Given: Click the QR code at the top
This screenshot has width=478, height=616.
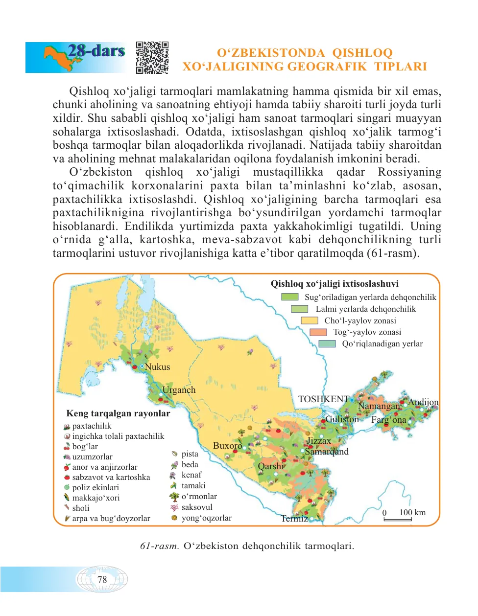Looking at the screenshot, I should click(152, 58).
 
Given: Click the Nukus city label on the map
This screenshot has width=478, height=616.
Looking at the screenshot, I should click(157, 367).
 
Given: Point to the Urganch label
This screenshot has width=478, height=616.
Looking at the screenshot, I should click(179, 390).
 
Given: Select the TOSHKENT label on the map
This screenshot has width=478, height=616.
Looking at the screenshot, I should click(323, 399).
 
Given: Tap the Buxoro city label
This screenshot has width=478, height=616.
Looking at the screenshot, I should click(227, 446).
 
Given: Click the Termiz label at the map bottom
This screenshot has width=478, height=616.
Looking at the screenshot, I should click(294, 519).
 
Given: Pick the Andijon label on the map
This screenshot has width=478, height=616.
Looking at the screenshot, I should click(423, 402).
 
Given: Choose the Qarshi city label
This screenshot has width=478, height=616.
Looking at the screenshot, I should click(271, 466).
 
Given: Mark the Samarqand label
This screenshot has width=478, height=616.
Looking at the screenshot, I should click(327, 451).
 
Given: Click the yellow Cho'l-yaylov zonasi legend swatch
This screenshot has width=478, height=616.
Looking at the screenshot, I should click(310, 320).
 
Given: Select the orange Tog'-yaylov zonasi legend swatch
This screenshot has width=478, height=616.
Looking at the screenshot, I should click(318, 332).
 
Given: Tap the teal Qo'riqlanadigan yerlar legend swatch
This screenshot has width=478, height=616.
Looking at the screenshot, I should click(327, 344).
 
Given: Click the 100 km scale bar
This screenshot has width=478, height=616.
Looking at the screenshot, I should click(397, 519).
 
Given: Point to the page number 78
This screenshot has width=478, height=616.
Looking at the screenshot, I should click(102, 580).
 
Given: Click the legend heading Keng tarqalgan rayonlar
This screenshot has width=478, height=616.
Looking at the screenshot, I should click(118, 413).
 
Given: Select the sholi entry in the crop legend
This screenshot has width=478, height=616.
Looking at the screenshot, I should click(81, 508).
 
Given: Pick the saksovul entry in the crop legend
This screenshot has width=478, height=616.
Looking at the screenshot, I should click(197, 507).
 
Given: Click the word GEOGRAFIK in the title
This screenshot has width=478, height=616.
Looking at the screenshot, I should click(327, 67).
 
